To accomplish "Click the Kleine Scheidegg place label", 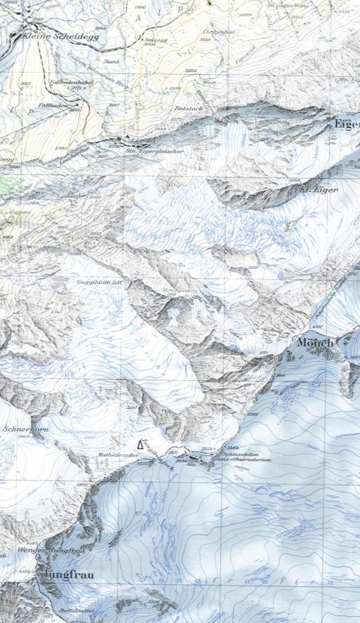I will pyautogui.click(x=53, y=36).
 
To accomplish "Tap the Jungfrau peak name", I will pyautogui.click(x=69, y=575).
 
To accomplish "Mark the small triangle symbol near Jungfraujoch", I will pyautogui.click(x=141, y=444).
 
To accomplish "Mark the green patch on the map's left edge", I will pyautogui.click(x=11, y=185).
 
